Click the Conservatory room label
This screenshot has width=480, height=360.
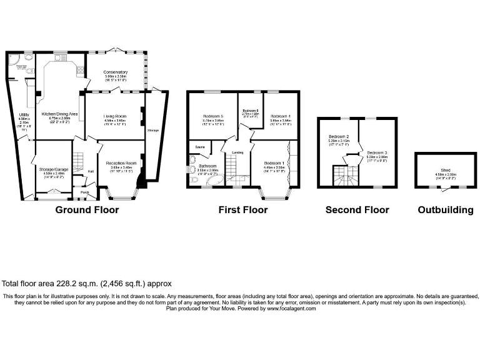point(116,72)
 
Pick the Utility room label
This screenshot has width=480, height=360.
point(24,114)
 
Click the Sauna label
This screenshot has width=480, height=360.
point(199,147)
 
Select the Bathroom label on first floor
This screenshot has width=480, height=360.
point(208,166)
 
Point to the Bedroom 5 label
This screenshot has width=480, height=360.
point(212,116)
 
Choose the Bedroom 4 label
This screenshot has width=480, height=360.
point(281,116)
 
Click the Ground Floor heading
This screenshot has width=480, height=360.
point(87,210)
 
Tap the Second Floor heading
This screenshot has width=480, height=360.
point(357,210)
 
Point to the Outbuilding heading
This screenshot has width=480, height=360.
point(445,210)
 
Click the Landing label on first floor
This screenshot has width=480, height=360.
point(237,152)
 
